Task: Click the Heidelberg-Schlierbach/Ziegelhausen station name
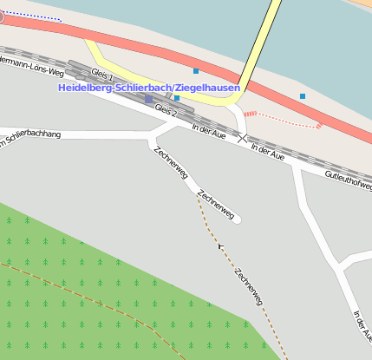tap(149, 88)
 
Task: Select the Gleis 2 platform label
tap(166, 110)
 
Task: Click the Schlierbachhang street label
tap(31, 138)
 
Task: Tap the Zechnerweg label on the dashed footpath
tap(248, 285)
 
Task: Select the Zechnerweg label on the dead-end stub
tap(215, 206)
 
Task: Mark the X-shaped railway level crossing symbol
tap(244, 138)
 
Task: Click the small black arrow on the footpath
tap(221, 246)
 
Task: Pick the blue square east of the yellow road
tap(303, 95)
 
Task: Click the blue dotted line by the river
tap(35, 16)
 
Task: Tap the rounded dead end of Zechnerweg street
tap(236, 219)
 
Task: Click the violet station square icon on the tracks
tap(148, 100)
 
